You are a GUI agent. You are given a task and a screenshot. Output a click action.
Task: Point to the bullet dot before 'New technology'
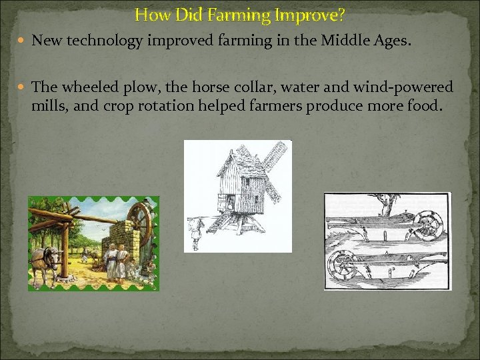[23, 41]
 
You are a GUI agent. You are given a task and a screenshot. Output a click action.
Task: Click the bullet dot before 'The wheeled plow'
[23, 87]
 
